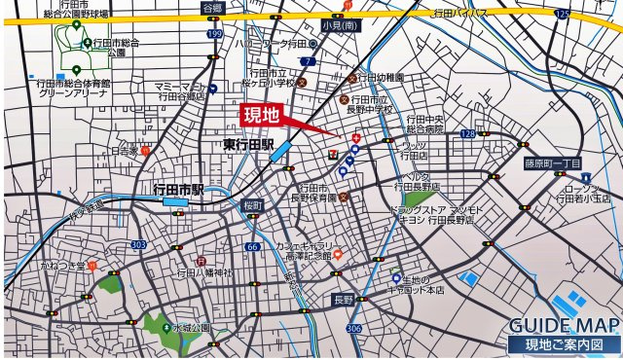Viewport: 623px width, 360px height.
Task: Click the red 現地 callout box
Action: (261, 116)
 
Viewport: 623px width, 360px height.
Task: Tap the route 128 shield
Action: (468, 132)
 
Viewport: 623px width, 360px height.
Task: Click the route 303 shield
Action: (138, 244)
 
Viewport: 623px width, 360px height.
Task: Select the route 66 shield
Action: (252, 247)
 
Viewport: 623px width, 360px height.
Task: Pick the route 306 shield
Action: (352, 328)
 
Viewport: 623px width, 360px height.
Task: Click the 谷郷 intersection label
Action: (212, 8)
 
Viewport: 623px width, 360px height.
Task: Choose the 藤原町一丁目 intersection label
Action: (551, 162)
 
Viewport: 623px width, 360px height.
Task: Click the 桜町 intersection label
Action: (253, 205)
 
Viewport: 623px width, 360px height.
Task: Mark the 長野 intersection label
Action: (343, 299)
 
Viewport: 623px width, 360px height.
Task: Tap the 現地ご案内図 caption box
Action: (564, 344)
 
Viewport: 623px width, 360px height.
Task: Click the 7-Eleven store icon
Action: (335, 152)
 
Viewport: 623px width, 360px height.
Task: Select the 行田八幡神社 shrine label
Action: (204, 273)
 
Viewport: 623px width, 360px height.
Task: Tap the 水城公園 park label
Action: (193, 329)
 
